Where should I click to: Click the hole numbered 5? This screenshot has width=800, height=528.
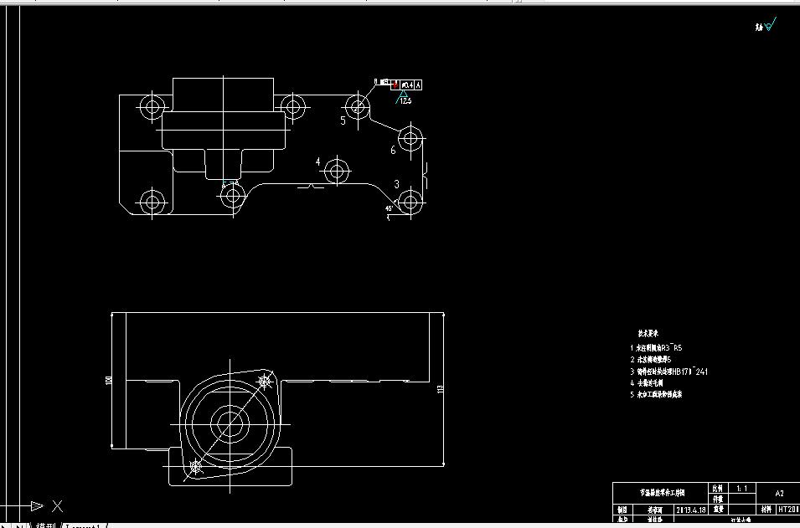point(358,106)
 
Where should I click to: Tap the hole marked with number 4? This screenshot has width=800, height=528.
point(337,172)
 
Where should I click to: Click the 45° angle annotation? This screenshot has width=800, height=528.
point(389,208)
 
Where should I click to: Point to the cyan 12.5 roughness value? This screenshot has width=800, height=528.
point(406,101)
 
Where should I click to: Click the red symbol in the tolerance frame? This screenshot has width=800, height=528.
point(394,84)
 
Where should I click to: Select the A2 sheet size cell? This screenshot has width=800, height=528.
point(778,494)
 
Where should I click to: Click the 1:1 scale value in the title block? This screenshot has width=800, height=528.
point(741,487)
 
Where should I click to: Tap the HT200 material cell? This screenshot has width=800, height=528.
point(787,509)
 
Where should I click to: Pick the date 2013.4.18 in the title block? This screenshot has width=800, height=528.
point(690,509)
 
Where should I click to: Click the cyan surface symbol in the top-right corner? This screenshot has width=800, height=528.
point(770,26)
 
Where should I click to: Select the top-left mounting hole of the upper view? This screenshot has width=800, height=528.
point(152,106)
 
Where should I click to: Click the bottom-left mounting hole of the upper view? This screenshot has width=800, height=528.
point(152,201)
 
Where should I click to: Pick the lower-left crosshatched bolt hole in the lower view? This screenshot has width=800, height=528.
point(196,465)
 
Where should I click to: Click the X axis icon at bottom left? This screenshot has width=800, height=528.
point(57,505)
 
